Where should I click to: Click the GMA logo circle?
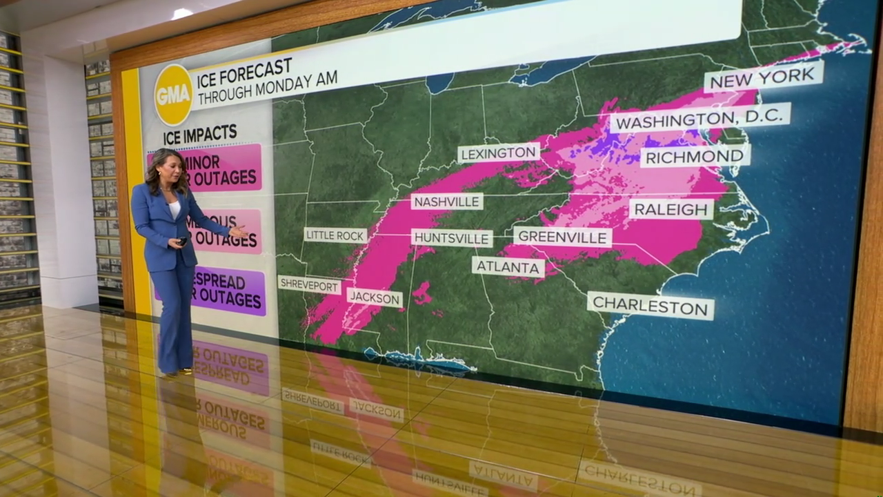coord(173,95)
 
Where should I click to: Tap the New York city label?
coord(764,77)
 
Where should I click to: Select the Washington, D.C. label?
coord(700,119)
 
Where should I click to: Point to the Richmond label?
coord(695,156)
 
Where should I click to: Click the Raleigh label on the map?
coord(671,208)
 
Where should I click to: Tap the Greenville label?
coord(563,237)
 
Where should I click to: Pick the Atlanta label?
coord(508,266)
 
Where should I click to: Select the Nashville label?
coord(447,202)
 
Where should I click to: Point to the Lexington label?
coord(499,153)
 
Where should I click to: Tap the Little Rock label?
coord(335,235)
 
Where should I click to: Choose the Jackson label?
coord(374,298)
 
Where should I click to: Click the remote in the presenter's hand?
coord(182,241)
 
